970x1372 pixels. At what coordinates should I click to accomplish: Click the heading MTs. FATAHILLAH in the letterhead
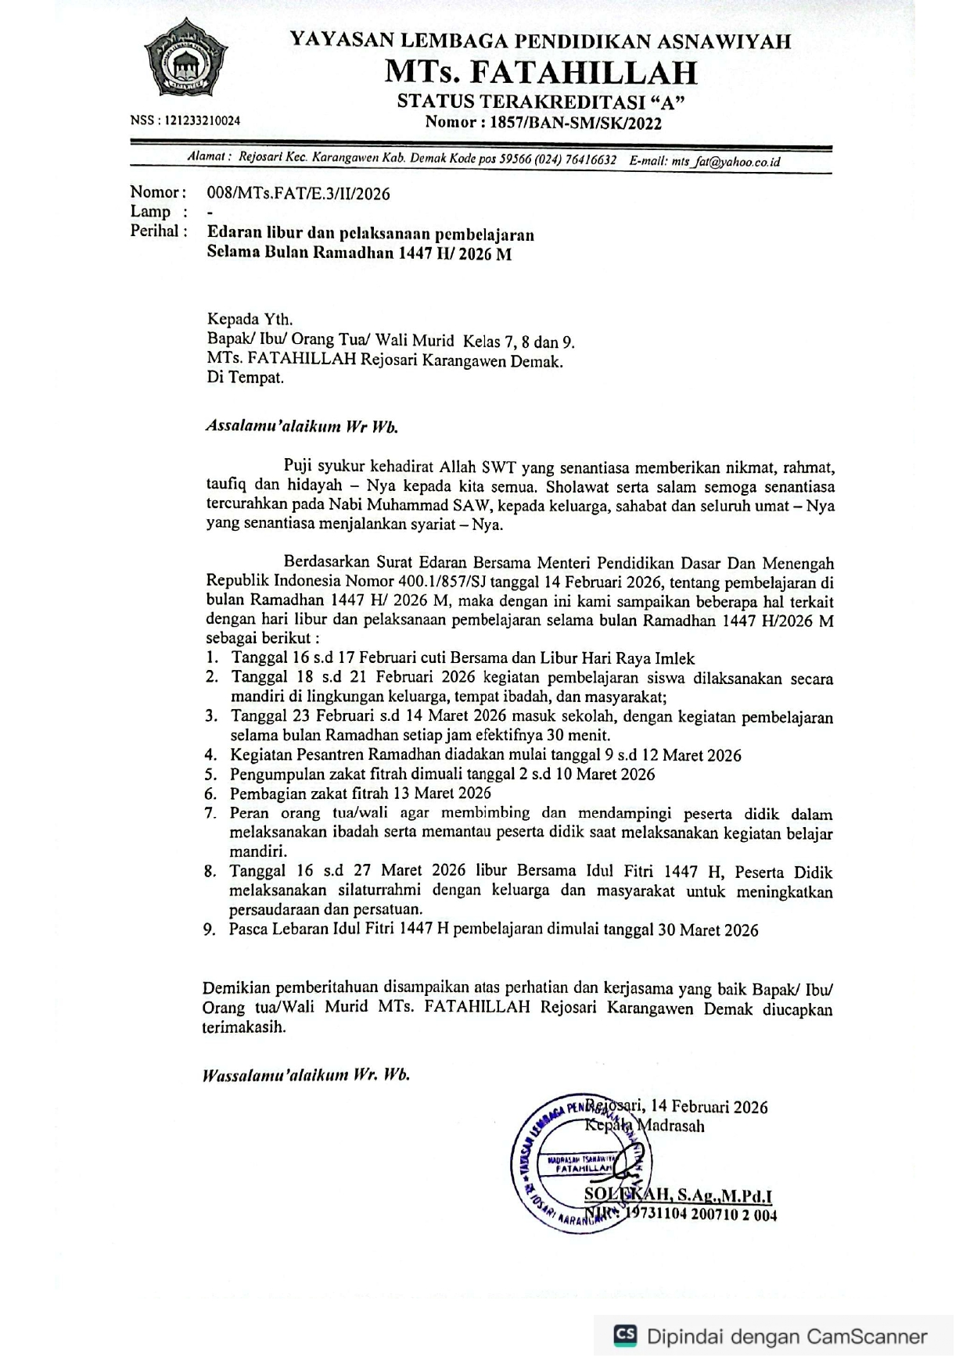click(541, 73)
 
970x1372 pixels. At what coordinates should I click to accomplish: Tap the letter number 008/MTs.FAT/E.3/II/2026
click(298, 194)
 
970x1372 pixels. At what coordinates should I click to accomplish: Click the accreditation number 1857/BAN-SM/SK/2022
click(573, 123)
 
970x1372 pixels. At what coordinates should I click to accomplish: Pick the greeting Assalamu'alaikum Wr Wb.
click(302, 427)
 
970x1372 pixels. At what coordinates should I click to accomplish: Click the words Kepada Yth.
click(250, 319)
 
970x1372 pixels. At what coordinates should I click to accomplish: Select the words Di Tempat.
click(245, 378)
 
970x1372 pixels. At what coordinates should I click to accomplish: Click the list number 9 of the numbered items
click(209, 930)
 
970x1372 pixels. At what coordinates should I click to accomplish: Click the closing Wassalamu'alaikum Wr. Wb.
click(306, 1075)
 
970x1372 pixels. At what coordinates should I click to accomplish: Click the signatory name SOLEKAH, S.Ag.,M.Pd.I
click(678, 1195)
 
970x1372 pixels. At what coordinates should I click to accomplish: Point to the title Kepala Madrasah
click(645, 1127)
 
